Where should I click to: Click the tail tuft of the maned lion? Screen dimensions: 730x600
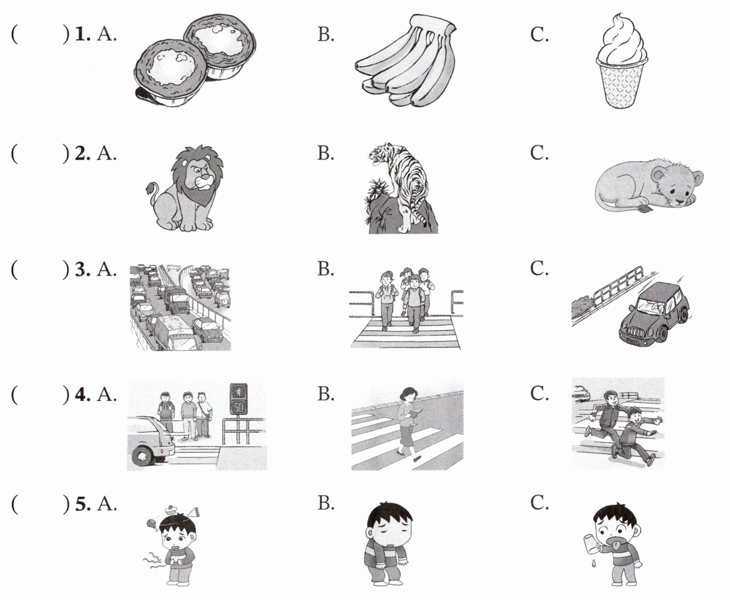pyautogui.click(x=152, y=188)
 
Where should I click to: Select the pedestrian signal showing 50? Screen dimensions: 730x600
pyautogui.click(x=239, y=398)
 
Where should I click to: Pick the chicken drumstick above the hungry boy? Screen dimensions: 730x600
pyautogui.click(x=152, y=523)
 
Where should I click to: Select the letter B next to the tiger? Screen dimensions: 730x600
pyautogui.click(x=325, y=152)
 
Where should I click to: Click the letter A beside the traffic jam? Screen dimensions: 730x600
pyautogui.click(x=106, y=269)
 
